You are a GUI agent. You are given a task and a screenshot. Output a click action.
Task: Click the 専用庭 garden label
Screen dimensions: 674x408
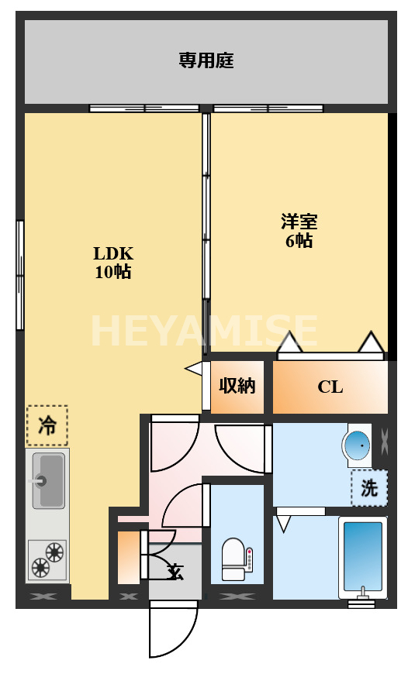tap(206, 60)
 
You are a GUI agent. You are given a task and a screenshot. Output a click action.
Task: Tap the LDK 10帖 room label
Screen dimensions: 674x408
tap(114, 262)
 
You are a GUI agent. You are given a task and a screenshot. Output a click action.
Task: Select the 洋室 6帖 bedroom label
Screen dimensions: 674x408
tap(299, 231)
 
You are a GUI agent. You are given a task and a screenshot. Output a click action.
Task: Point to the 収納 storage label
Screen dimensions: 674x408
tap(237, 385)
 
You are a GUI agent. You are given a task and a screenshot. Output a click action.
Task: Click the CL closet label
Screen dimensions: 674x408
tap(330, 387)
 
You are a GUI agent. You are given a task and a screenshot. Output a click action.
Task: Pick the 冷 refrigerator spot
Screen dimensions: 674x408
tap(47, 425)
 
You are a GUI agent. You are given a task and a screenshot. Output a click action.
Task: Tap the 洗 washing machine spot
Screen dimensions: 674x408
tap(369, 488)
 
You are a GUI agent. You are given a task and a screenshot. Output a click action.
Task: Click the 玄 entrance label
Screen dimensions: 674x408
tap(176, 573)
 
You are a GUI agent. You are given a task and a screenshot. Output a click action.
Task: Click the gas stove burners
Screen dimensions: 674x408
tap(47, 560)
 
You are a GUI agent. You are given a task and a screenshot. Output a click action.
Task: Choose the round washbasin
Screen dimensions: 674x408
tap(357, 445)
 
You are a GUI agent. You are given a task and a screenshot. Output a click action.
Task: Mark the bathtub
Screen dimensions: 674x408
tap(362, 552)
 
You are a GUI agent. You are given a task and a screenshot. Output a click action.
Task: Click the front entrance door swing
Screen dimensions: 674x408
tap(172, 629)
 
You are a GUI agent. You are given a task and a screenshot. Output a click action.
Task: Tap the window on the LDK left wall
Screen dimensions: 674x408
tap(20, 275)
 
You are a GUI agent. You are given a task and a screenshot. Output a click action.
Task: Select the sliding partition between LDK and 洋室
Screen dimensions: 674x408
tap(206, 217)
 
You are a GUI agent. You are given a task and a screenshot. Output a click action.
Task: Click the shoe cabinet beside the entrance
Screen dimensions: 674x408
tap(128, 555)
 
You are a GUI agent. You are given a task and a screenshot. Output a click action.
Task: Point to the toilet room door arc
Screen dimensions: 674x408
tap(186, 504)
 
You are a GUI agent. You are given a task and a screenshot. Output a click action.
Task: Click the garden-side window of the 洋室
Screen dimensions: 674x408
tap(268, 108)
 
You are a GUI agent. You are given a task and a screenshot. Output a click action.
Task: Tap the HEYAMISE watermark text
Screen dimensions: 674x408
tap(204, 332)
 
